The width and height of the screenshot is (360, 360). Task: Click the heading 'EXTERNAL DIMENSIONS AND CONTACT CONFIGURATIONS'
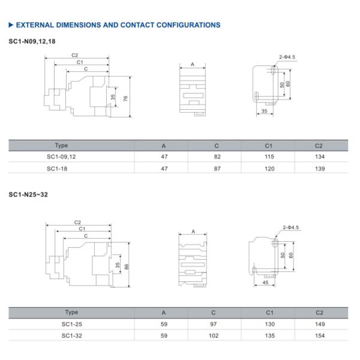point(117,25)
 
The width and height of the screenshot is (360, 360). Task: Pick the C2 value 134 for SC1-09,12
point(319,157)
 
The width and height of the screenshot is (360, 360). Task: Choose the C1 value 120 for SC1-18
point(269,169)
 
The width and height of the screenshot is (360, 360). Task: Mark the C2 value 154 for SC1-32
point(319,336)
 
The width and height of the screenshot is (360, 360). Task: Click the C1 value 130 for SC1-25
point(269,324)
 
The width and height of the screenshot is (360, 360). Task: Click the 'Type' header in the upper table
point(61,145)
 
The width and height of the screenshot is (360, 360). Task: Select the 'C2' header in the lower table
point(319,312)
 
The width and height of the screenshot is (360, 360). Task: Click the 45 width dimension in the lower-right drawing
point(265,282)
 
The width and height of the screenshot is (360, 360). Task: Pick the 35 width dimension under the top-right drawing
point(264,112)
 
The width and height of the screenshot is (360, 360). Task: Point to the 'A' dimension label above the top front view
point(193,64)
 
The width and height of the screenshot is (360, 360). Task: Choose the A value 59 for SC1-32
point(164,336)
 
